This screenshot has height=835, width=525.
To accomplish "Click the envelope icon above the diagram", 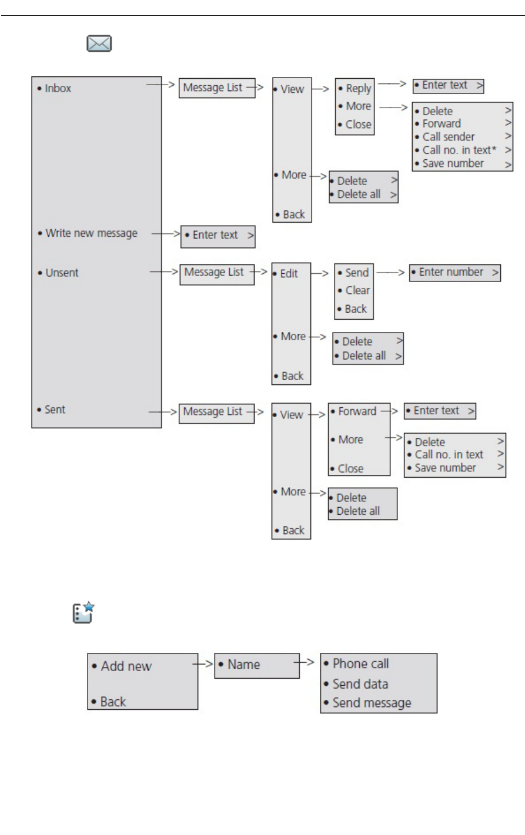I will [x=99, y=43].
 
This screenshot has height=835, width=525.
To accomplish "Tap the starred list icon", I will [x=83, y=612].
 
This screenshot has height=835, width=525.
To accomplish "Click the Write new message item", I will [x=91, y=233].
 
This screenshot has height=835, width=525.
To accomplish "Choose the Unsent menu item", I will [x=62, y=273].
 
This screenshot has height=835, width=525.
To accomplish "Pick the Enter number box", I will [x=455, y=273].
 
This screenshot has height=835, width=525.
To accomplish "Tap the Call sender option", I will [x=448, y=137].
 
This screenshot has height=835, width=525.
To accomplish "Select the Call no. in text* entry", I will [x=459, y=150].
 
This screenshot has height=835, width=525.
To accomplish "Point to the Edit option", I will [x=289, y=274].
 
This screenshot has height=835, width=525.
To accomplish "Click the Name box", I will [x=256, y=665].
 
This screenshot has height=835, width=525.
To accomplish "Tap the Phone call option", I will [x=360, y=664].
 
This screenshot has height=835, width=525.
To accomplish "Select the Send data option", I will [x=360, y=684].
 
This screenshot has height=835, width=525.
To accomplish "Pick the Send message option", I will [x=372, y=703].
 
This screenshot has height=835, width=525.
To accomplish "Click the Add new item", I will [x=126, y=666].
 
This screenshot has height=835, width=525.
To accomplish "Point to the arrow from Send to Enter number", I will [x=391, y=273].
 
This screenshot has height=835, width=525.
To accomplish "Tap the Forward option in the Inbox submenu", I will [x=441, y=124].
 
